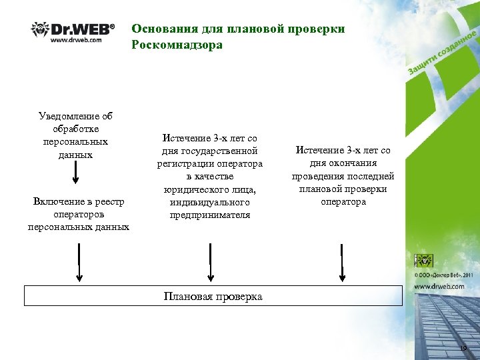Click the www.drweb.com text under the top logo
76,40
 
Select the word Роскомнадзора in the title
177,45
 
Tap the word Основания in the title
161,29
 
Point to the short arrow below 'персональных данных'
75,173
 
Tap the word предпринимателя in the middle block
210,215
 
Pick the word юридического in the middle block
191,189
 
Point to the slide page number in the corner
464,349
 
